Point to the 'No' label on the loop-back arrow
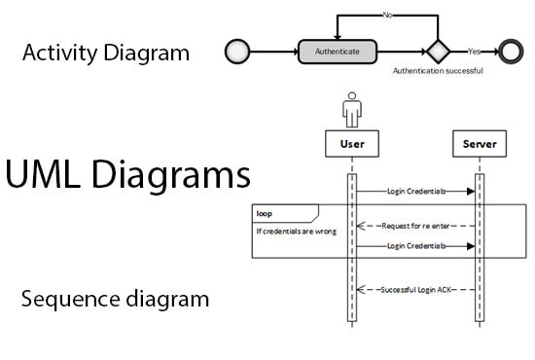point(387,15)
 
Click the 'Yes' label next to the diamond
point(474,52)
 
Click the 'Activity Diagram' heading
point(106,53)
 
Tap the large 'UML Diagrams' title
point(128,176)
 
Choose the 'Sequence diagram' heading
point(115,299)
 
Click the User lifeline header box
point(351,145)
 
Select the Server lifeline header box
point(479,145)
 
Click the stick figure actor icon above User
point(351,109)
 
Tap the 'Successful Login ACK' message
point(414,290)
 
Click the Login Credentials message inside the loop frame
point(415,247)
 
